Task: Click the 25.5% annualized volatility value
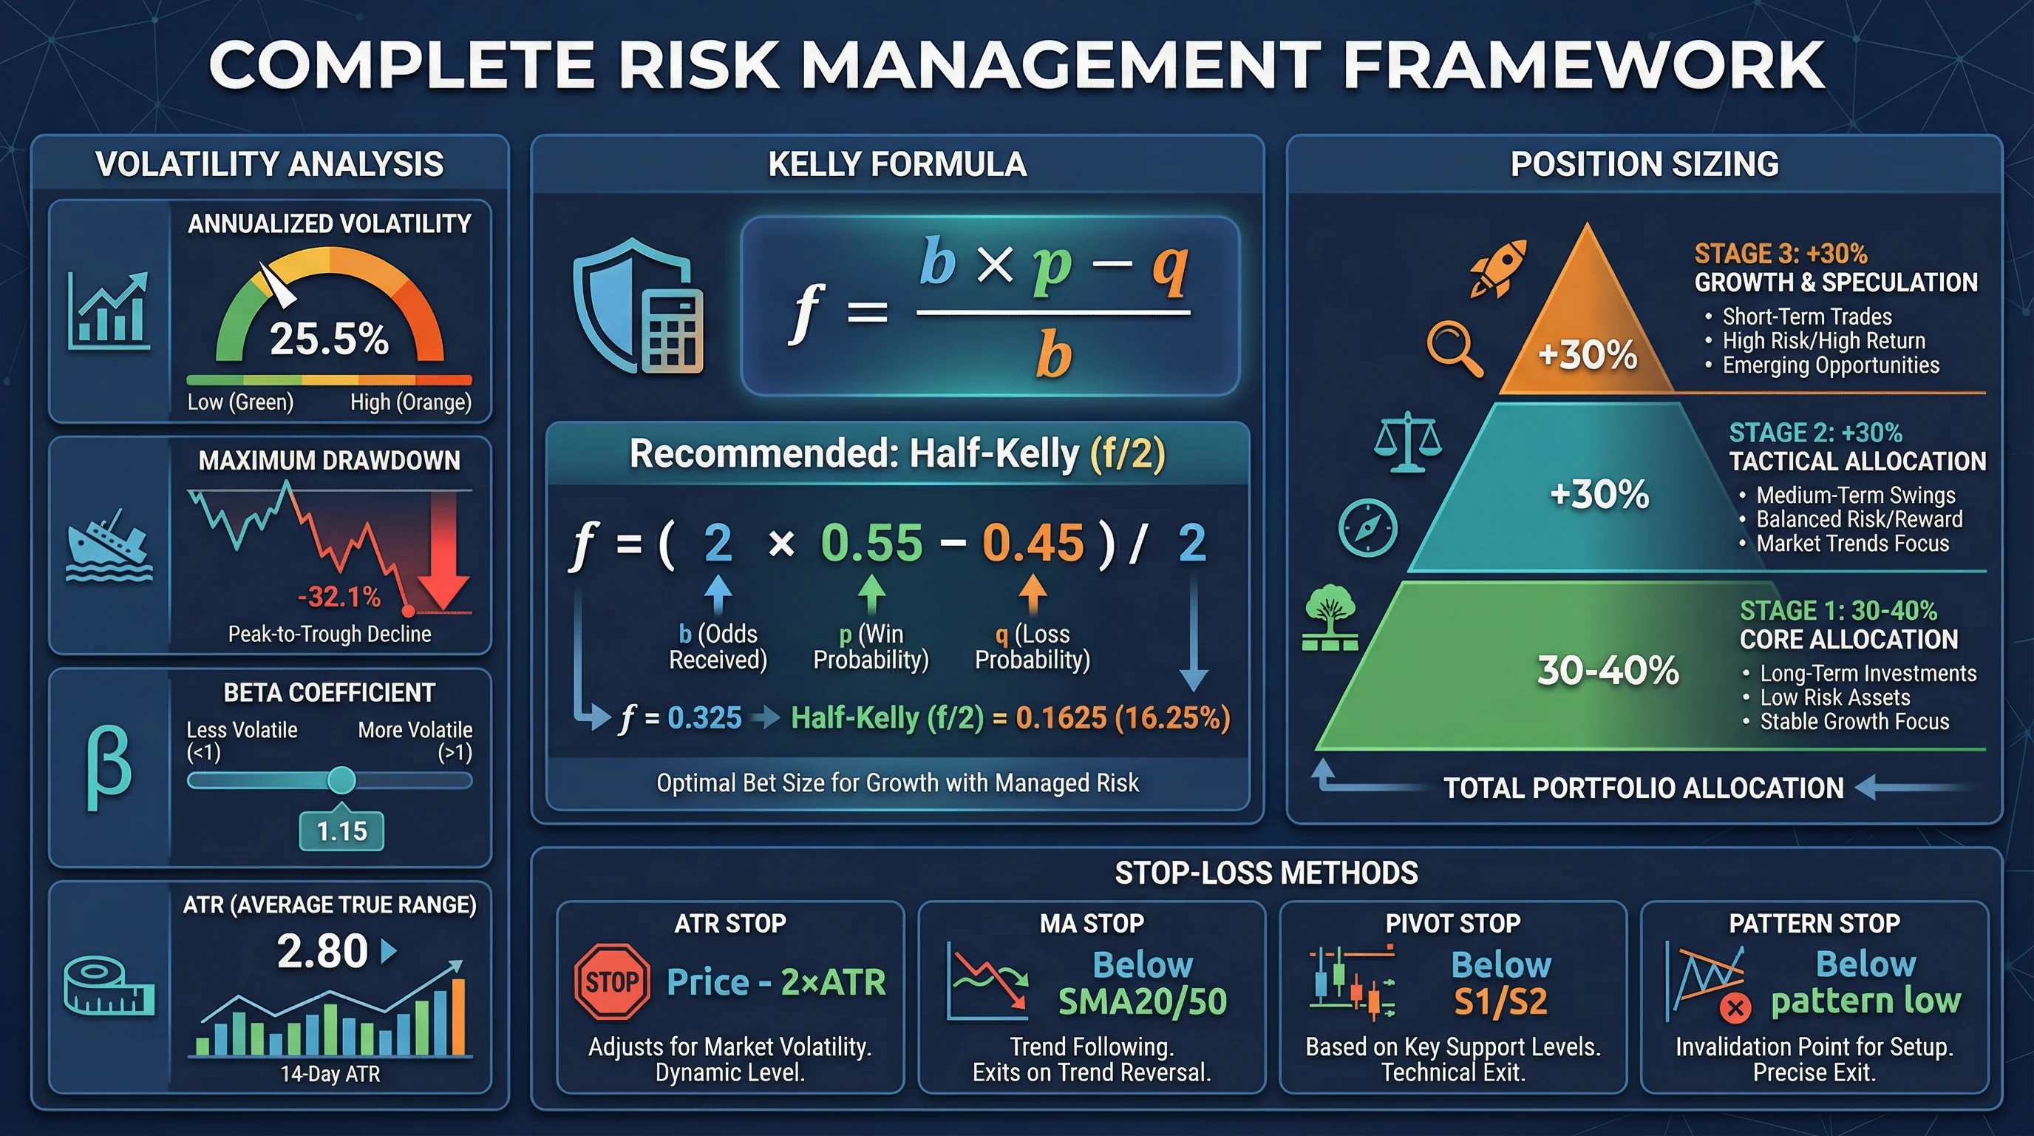coord(329,339)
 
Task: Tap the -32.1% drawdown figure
coord(339,596)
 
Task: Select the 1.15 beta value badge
coord(342,831)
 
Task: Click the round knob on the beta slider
coord(342,780)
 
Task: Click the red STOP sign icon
coord(612,981)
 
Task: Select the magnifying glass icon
coord(1454,348)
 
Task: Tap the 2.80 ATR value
coord(322,950)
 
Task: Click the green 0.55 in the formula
coord(871,543)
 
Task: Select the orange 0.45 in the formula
coord(1033,543)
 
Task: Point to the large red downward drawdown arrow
coord(443,553)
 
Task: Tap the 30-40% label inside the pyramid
coord(1608,670)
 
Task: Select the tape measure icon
coord(108,986)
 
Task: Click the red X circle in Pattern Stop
coord(1735,1007)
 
